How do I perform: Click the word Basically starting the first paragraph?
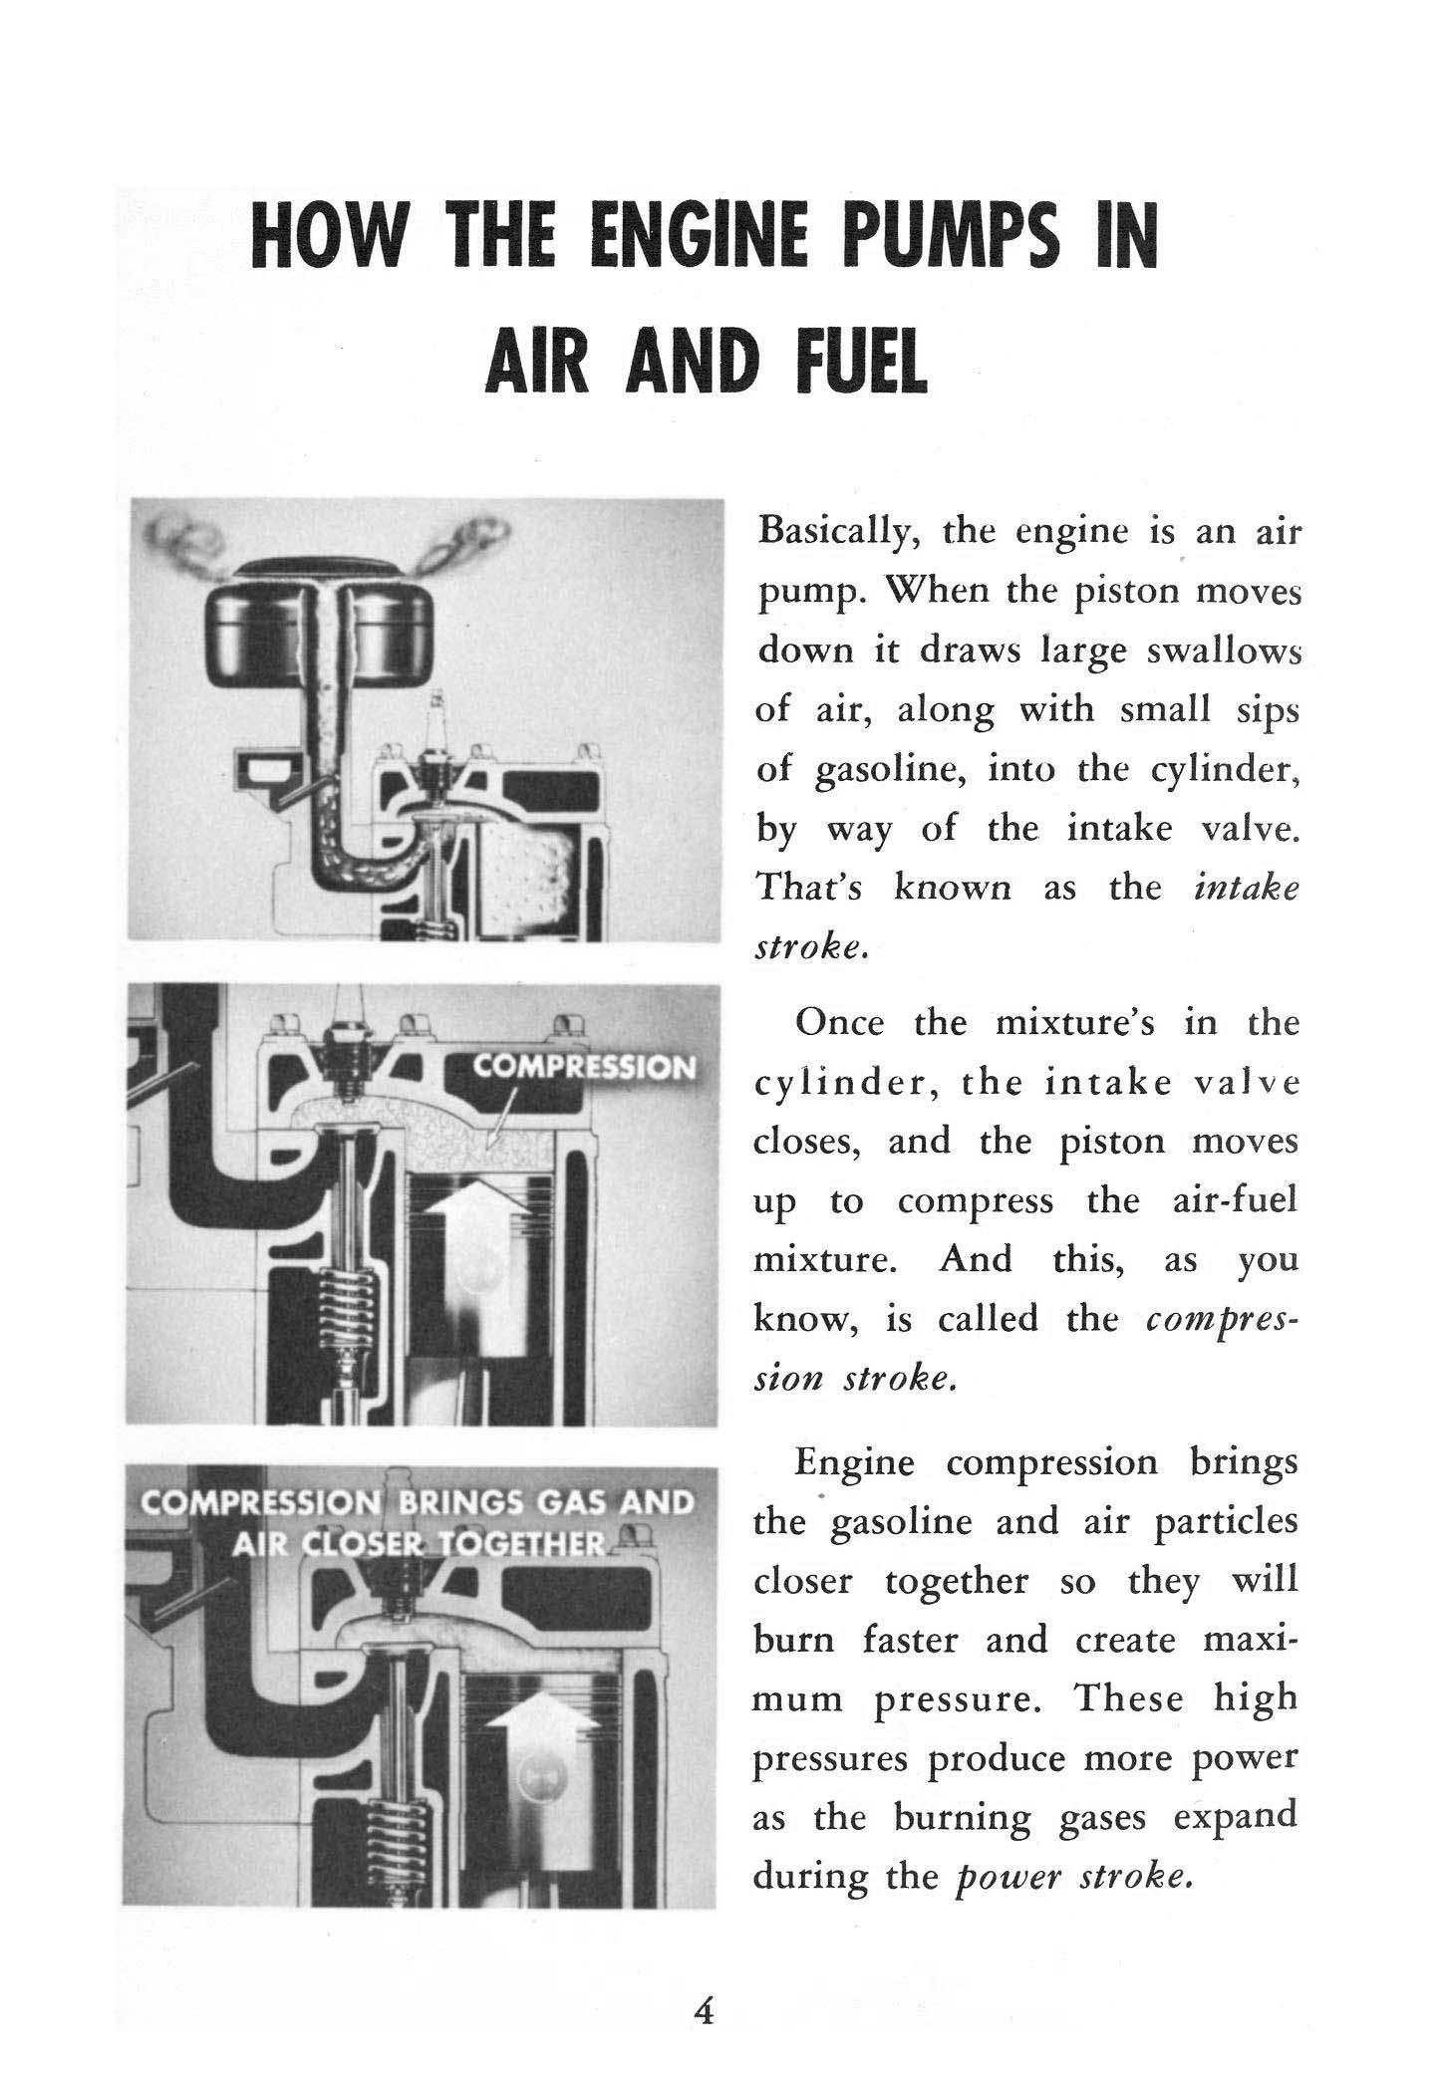tap(837, 531)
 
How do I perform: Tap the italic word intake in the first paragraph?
tap(1246, 889)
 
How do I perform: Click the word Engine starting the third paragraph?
tap(854, 1462)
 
